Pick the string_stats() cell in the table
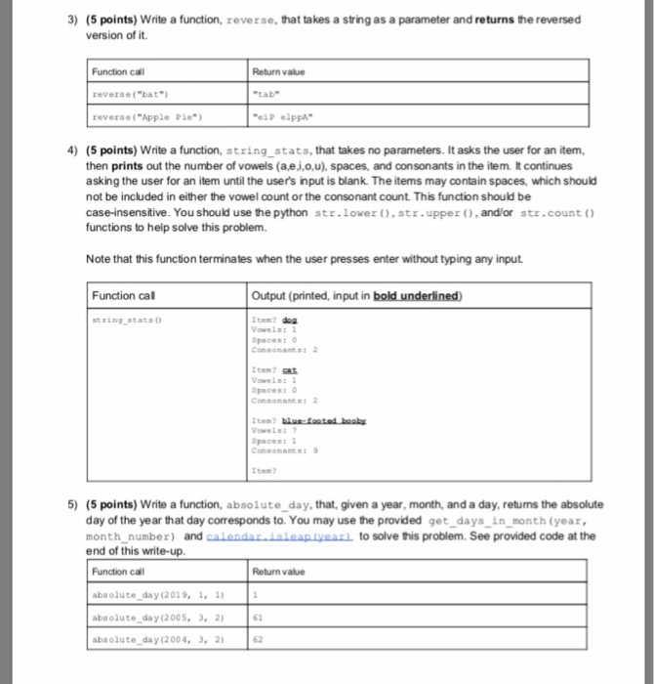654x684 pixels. tap(127, 317)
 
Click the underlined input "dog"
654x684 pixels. tap(288, 318)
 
